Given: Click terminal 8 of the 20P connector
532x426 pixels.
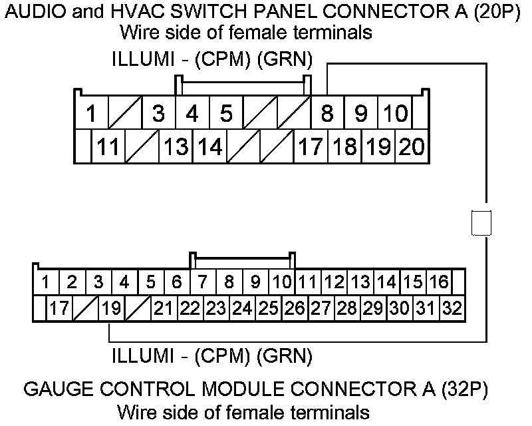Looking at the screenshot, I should pyautogui.click(x=327, y=113).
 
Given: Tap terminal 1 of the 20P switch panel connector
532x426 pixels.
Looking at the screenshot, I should pyautogui.click(x=91, y=113).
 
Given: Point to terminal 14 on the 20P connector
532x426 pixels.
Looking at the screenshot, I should pyautogui.click(x=209, y=146).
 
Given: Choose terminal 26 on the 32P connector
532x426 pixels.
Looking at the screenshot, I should pyautogui.click(x=294, y=308).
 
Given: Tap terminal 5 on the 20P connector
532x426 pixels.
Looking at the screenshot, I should pyautogui.click(x=226, y=113).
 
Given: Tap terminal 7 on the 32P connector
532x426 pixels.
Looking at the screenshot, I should pyautogui.click(x=203, y=282).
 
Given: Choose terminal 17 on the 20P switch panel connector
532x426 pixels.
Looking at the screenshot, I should pyautogui.click(x=310, y=146).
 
